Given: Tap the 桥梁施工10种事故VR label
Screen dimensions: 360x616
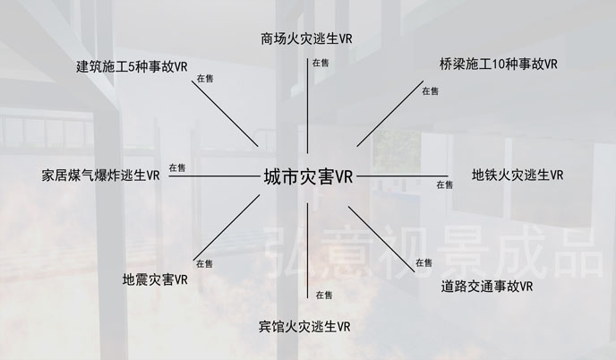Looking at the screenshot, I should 499,65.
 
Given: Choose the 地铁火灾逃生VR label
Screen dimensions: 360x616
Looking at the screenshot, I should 518,175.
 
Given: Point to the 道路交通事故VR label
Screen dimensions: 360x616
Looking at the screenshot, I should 487,287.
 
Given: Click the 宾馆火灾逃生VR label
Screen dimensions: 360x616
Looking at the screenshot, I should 304,325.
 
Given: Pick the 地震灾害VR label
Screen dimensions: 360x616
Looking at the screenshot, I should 154,279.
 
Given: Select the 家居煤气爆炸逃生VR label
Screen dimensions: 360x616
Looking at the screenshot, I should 100,175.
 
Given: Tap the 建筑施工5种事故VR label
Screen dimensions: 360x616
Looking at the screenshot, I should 132,66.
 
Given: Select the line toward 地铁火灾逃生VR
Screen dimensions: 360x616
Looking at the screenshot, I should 403,176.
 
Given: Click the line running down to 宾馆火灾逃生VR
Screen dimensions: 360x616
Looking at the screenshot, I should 308,251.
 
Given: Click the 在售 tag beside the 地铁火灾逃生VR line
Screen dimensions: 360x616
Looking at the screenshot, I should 444,185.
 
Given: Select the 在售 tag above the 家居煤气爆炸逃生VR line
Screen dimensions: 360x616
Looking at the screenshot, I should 177,167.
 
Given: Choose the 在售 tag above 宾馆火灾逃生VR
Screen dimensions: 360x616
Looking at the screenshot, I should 323,295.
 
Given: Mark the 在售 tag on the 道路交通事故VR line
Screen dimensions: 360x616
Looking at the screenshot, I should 423,263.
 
